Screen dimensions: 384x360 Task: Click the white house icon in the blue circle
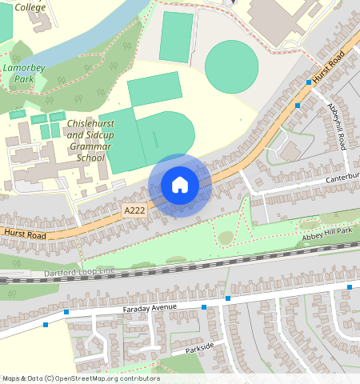180,185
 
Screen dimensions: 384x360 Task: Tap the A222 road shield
134,210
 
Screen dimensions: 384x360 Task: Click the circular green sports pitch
232,66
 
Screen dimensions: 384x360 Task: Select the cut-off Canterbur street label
342,177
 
